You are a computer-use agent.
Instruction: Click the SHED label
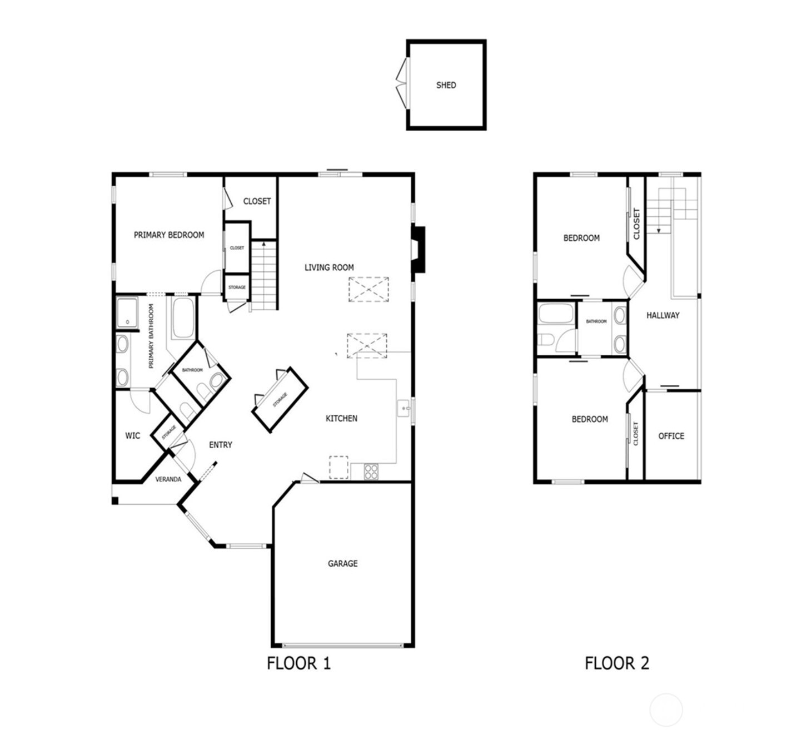(x=446, y=85)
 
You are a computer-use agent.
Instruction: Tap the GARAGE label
(x=342, y=563)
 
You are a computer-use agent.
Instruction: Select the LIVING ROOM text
(x=328, y=267)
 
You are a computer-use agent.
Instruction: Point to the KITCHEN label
(x=341, y=418)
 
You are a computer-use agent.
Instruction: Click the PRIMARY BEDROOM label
(x=168, y=235)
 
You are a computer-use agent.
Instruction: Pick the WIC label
(x=132, y=435)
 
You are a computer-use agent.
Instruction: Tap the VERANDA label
(x=168, y=479)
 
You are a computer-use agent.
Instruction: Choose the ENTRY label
(x=221, y=444)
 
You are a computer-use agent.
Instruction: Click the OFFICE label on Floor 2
(x=671, y=435)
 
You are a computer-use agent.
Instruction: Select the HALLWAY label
(x=662, y=315)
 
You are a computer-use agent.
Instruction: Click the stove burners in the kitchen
(x=371, y=472)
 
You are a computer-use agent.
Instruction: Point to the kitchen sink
(x=403, y=408)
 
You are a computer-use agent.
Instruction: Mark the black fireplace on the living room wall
(x=417, y=250)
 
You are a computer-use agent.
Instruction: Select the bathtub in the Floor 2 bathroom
(x=556, y=314)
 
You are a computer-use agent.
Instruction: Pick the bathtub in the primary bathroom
(x=183, y=318)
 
